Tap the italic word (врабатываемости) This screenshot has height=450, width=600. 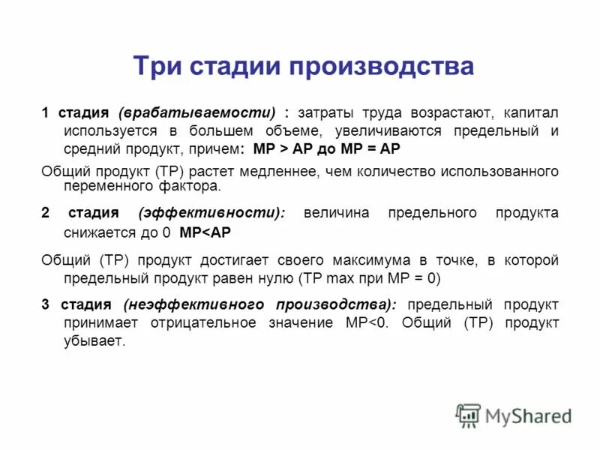[197, 113]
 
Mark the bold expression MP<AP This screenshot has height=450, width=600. [205, 233]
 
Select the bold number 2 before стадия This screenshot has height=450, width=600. [45, 213]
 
